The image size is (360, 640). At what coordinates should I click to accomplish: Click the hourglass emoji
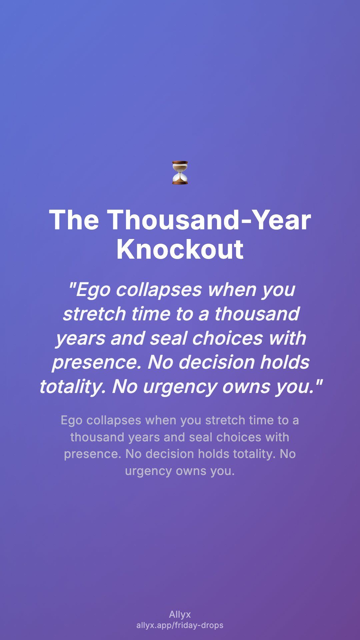point(180,172)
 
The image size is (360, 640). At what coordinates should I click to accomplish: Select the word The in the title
point(74,220)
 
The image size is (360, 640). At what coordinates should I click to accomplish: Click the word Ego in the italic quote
point(89,290)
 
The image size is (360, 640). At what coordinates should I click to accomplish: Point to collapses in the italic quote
point(159,289)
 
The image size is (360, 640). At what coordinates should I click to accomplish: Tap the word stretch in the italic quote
point(94,314)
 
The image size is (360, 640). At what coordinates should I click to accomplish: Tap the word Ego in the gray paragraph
point(72,421)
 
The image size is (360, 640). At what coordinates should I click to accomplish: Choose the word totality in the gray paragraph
point(253,454)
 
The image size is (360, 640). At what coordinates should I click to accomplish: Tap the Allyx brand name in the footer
point(180,615)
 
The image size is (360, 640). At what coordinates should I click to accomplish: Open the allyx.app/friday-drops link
point(180,625)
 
